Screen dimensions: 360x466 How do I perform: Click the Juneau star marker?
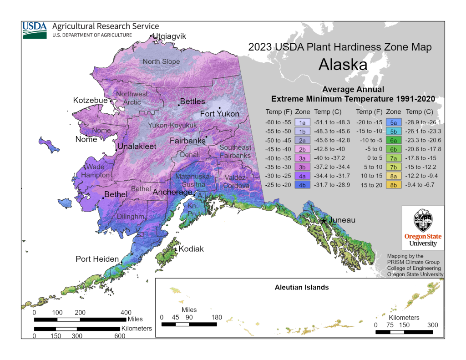click(324, 221)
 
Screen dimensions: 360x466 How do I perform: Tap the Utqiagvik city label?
click(170, 36)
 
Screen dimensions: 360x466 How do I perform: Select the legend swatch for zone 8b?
click(393, 185)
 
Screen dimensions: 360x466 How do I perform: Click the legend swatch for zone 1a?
click(302, 122)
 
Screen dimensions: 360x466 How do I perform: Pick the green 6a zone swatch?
click(393, 140)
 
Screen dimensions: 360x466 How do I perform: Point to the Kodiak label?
click(191, 249)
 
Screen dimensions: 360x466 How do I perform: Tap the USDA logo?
click(35, 30)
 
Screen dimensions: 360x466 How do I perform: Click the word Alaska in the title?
click(343, 64)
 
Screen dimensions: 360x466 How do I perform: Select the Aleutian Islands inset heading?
click(302, 287)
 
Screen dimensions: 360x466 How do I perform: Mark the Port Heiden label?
click(97, 259)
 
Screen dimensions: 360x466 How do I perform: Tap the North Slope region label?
click(161, 61)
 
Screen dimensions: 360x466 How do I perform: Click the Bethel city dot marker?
click(103, 198)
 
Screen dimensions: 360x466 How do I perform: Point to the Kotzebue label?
click(90, 100)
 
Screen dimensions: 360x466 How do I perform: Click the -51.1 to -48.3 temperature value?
click(332, 122)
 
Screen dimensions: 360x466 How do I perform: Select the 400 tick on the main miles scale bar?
click(126, 313)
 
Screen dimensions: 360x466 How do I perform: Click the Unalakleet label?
click(137, 147)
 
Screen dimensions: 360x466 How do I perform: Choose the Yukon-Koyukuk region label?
click(172, 125)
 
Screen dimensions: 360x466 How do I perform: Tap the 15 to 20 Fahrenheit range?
click(369, 185)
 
